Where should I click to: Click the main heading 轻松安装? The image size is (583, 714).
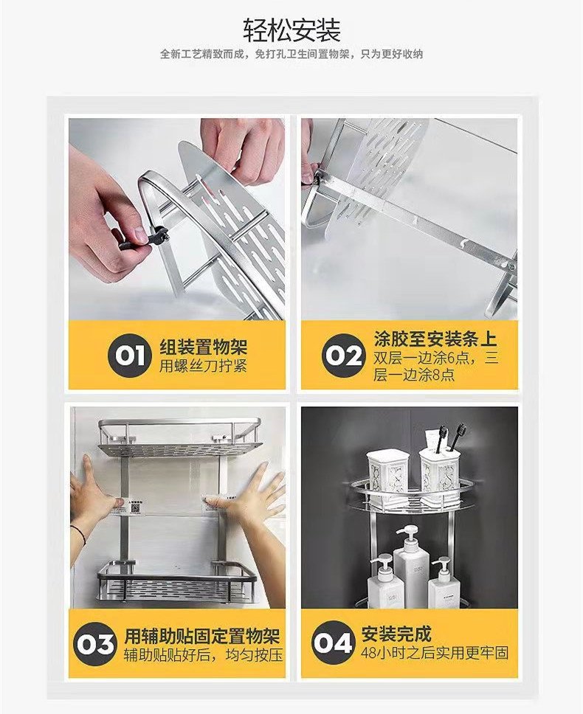coord(291,30)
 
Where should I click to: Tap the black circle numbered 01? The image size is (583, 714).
coord(129,356)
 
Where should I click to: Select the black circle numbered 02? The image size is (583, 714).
coord(344,356)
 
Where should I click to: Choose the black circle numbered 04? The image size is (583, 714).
coord(334,643)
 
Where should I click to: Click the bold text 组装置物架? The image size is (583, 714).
coord(203,347)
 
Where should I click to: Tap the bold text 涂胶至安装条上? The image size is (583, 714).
coord(435,339)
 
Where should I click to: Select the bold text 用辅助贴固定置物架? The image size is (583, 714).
coord(203,636)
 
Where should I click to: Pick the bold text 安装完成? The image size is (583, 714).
coord(397,634)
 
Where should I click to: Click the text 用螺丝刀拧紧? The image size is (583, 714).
coord(203,366)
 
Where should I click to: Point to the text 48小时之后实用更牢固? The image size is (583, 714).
coord(435,653)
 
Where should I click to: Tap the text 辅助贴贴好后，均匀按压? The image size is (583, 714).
coord(203,655)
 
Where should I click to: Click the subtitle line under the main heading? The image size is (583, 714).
coord(291,54)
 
